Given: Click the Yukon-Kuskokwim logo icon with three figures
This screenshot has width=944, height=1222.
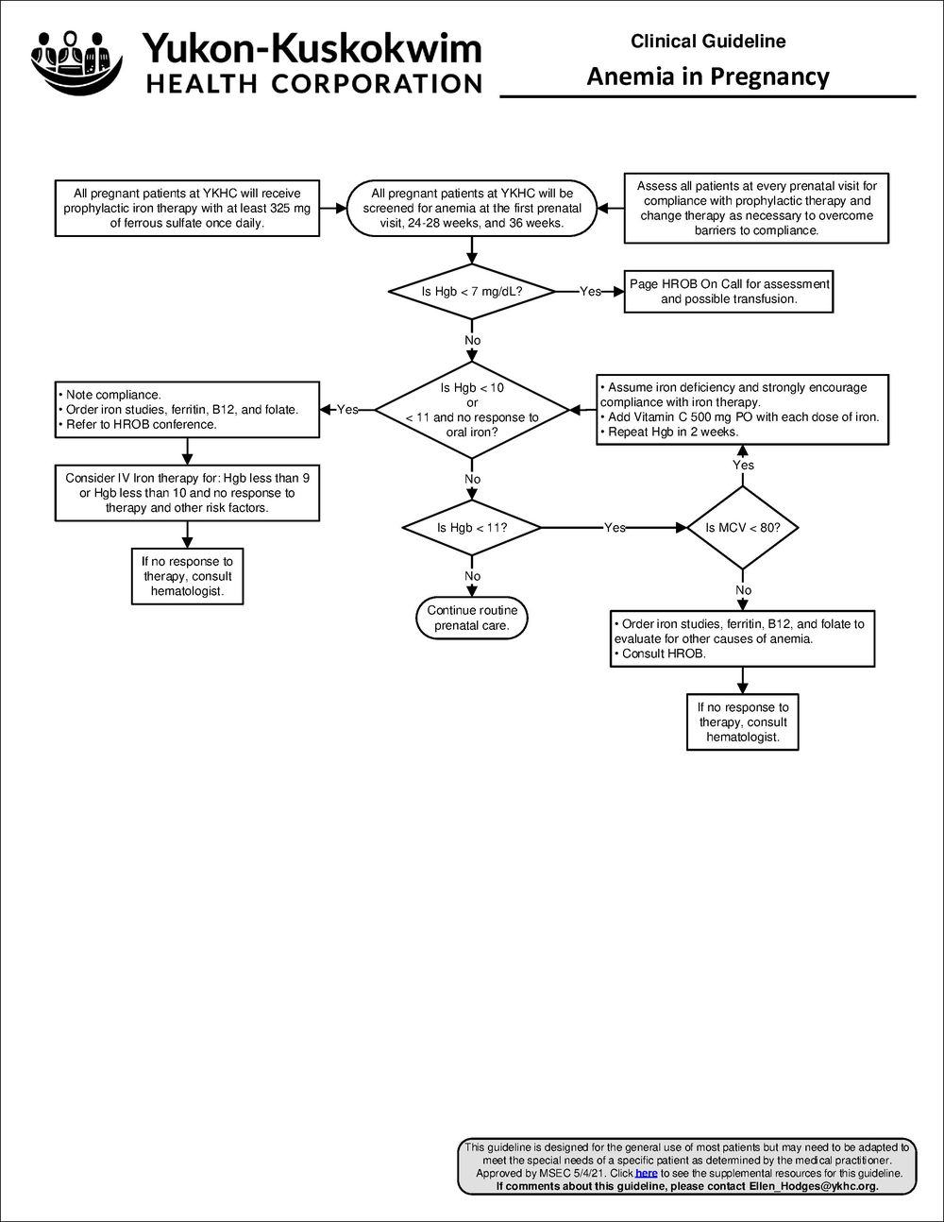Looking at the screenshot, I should coord(76,60).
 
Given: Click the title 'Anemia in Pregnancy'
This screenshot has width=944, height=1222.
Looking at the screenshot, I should coord(708,76).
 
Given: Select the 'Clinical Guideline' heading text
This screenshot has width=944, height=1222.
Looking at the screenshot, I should coord(708,42).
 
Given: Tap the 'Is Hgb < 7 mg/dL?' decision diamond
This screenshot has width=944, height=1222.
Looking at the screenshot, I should coord(472,292).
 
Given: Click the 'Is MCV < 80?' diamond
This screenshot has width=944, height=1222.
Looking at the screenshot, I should coord(743,528).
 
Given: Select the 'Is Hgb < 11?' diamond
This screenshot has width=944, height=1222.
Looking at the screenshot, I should coord(472,528).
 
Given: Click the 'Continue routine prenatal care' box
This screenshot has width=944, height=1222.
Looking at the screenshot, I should coord(472,618).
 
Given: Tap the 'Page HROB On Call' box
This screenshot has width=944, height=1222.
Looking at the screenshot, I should coord(730,291).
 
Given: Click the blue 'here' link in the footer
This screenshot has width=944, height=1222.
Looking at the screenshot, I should coord(647,1173).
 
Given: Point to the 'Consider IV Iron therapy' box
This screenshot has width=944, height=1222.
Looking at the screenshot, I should coord(187,493).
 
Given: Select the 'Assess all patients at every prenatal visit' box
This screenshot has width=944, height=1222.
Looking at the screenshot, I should coord(756,208).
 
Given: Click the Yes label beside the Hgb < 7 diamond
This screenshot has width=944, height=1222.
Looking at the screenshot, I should coord(590,292).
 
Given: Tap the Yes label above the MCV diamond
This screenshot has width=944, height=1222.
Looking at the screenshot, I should coord(743,465).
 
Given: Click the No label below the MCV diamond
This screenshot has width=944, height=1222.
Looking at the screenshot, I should coord(743,590).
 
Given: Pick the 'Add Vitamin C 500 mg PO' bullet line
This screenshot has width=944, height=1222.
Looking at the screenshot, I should coord(742,416).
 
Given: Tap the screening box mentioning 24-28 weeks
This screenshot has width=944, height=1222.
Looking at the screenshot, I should coord(472,208).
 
